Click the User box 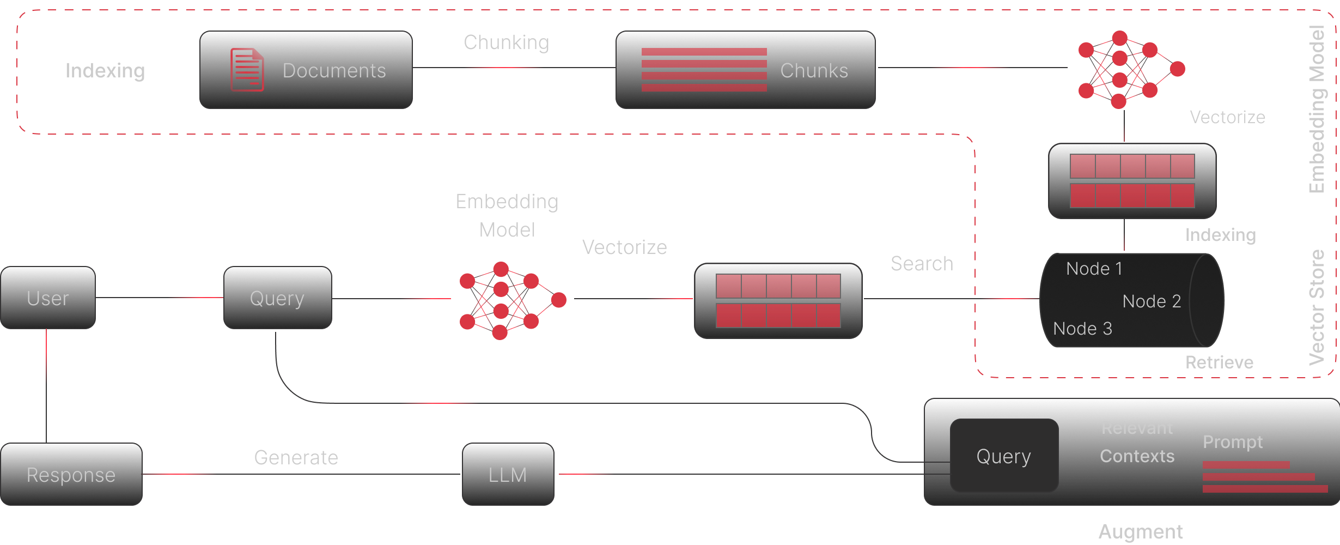[48, 298]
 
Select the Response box [71, 475]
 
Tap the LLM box [508, 475]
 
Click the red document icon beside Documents [247, 70]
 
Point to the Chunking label [506, 43]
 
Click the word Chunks [814, 71]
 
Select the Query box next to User [277, 298]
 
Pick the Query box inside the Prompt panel [1003, 456]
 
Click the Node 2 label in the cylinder [1152, 301]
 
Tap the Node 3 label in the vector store [1082, 329]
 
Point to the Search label [922, 264]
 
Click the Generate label [296, 458]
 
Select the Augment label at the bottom [1141, 531]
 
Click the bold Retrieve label [1219, 362]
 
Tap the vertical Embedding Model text [1317, 109]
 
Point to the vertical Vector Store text [1317, 307]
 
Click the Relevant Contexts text [1137, 442]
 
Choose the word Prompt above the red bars [1232, 442]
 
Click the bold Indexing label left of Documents [105, 71]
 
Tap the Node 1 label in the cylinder [1094, 269]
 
